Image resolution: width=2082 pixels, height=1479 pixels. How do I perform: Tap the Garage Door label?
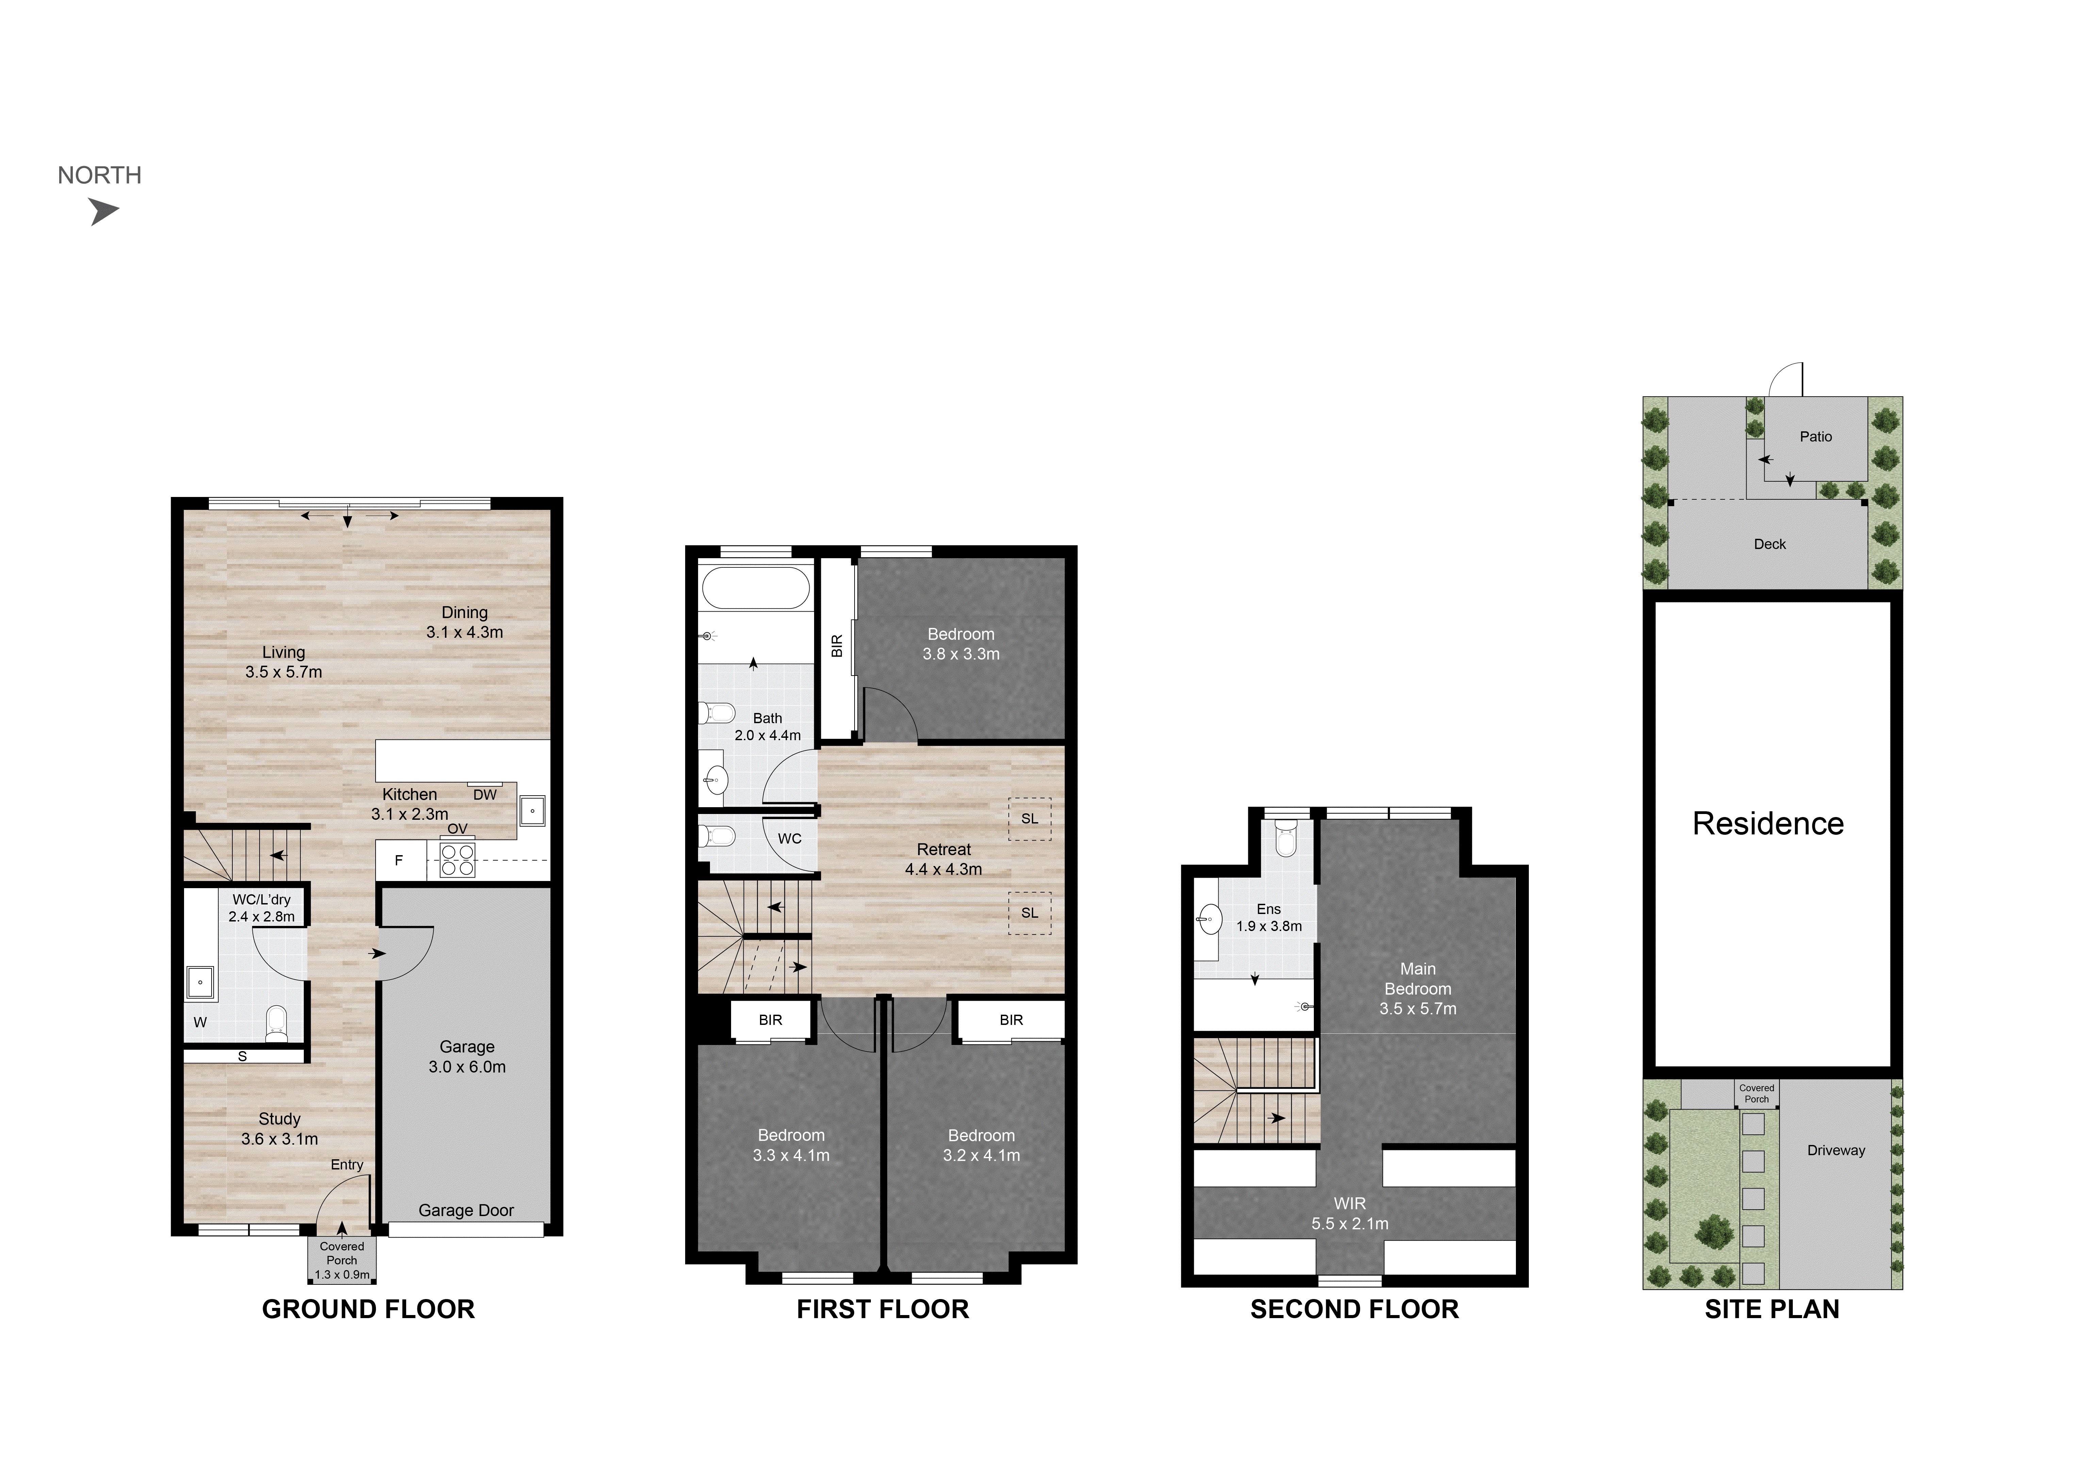(466, 1210)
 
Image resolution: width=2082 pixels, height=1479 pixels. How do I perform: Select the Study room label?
(280, 1128)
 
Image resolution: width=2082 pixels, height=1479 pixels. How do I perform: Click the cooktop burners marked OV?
(457, 860)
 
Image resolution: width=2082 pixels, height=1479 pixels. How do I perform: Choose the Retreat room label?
(944, 859)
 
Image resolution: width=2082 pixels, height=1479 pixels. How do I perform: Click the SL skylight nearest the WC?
(1029, 819)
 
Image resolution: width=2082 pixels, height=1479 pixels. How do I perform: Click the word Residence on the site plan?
(1768, 823)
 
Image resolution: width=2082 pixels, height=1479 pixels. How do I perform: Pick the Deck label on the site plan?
(1770, 544)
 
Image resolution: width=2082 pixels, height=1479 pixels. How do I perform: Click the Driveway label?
(1836, 1150)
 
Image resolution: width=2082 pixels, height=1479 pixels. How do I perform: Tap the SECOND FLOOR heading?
(1354, 1310)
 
